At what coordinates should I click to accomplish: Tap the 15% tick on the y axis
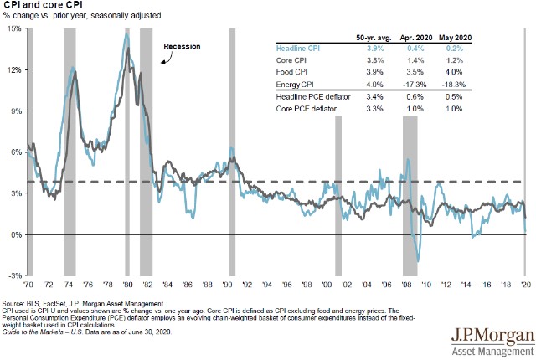(15, 29)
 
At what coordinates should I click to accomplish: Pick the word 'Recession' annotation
(182, 46)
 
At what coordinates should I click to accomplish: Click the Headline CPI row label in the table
(300, 49)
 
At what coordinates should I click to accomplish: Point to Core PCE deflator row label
(307, 108)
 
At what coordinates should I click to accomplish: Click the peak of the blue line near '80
(126, 34)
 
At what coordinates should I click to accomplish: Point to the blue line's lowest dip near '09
(418, 261)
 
